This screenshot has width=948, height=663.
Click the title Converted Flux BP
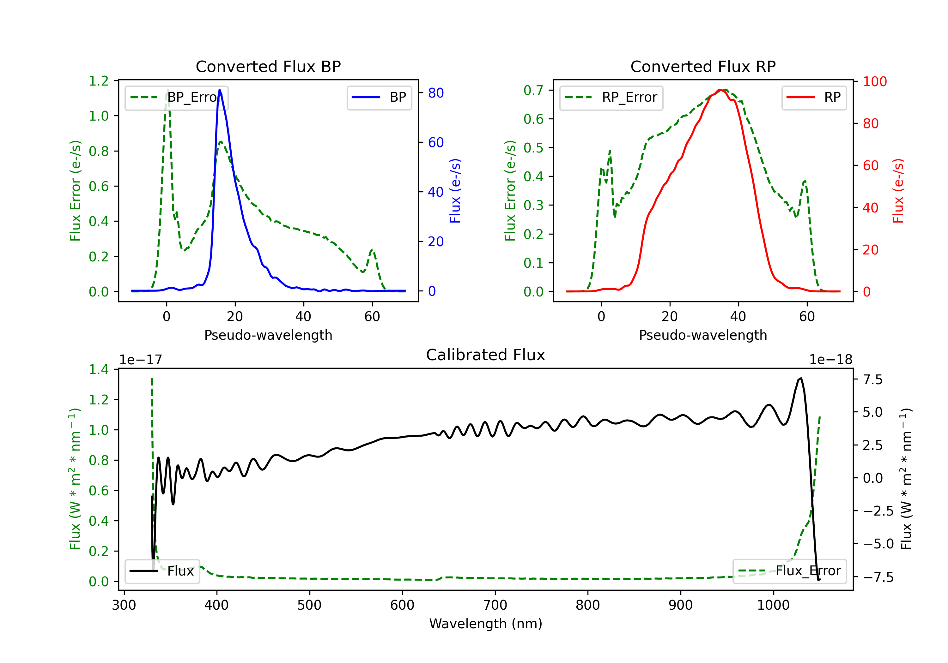(x=268, y=66)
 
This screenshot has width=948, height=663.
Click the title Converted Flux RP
(x=703, y=66)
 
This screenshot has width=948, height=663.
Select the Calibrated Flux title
(x=486, y=355)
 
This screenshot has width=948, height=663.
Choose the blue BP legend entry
(x=379, y=97)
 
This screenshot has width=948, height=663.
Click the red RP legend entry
(x=814, y=97)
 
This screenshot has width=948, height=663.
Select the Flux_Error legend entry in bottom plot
(x=789, y=571)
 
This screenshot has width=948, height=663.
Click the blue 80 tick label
(x=435, y=93)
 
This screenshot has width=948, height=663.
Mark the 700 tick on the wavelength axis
(x=495, y=605)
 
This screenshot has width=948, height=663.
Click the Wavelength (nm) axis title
(x=486, y=624)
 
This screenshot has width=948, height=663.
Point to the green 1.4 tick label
(x=99, y=369)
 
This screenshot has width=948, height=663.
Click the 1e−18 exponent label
(x=831, y=360)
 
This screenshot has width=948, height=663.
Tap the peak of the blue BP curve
(x=220, y=90)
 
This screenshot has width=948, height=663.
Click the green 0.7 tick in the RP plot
(x=533, y=90)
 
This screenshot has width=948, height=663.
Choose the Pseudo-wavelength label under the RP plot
(x=703, y=335)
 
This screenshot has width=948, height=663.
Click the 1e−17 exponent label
(x=141, y=360)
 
